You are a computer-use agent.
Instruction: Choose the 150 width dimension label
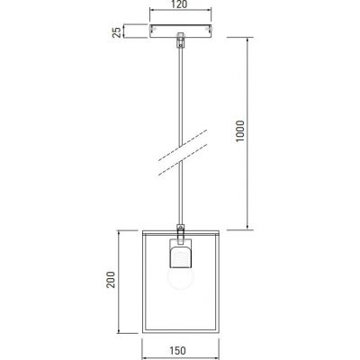point(181,353)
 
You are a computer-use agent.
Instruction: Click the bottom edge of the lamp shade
point(181,329)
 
